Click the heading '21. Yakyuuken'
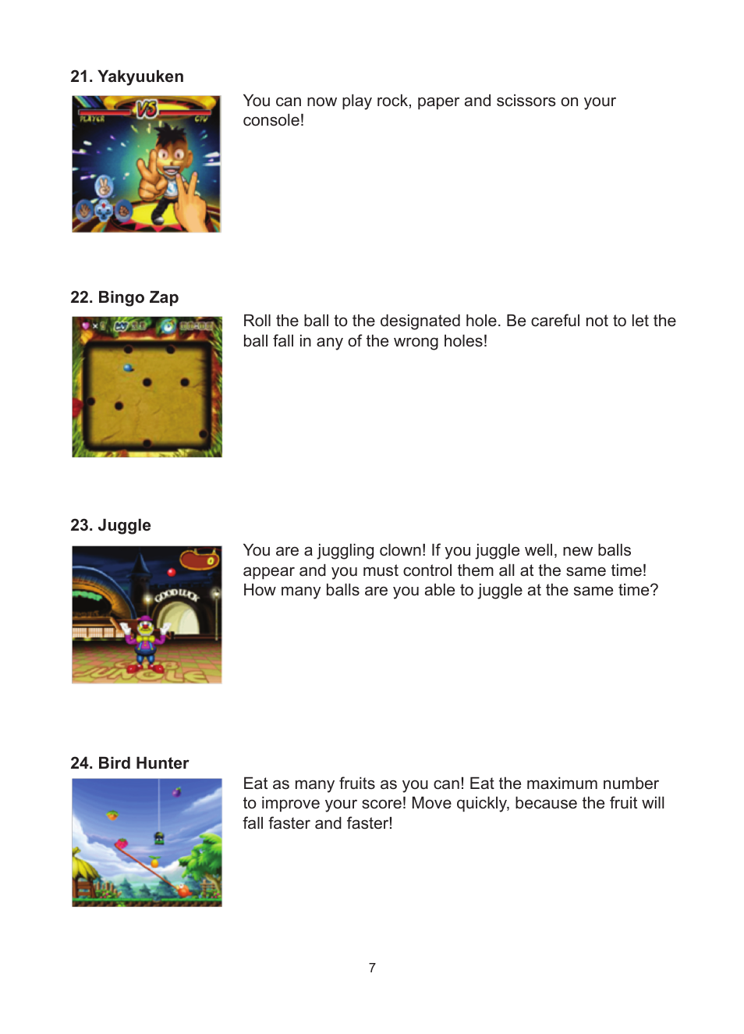coord(127,76)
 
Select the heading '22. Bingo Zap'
coord(125,297)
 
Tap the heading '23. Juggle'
coord(111,525)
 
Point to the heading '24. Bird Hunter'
coord(129,763)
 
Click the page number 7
coord(372,968)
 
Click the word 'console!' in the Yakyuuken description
coord(273,121)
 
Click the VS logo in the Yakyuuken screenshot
coord(147,108)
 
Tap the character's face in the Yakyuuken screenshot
coord(170,152)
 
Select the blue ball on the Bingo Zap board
coord(129,368)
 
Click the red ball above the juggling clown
coord(172,573)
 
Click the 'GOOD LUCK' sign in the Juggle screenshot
coord(176,595)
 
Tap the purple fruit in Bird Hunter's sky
coord(177,792)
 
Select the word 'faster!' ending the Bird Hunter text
coord(369,824)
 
